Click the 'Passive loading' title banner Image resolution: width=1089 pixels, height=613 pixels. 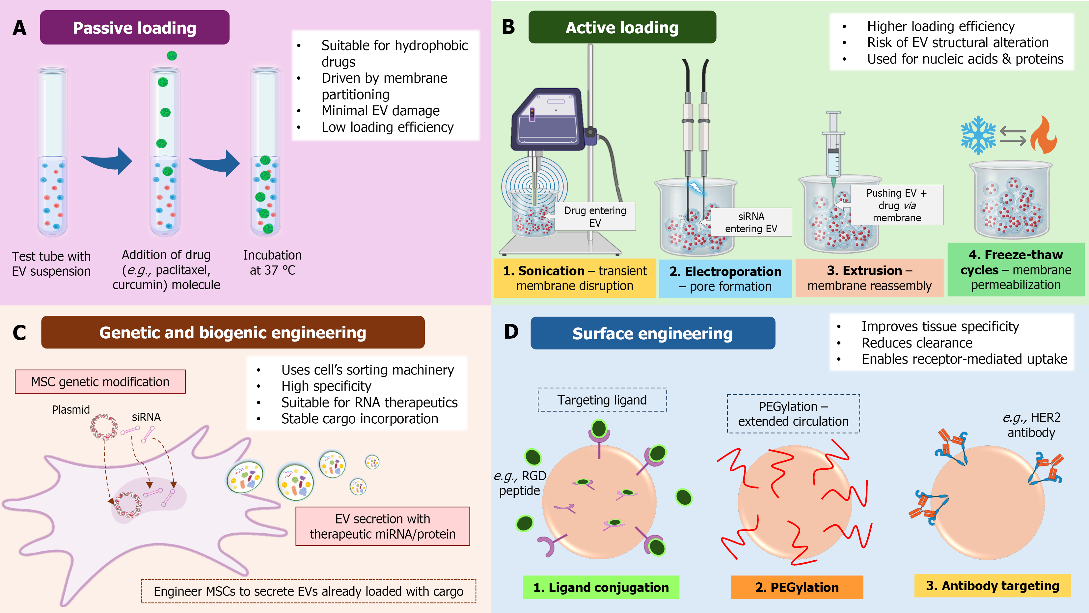[x=134, y=27]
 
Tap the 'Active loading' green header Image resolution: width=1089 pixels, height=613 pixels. [x=622, y=27]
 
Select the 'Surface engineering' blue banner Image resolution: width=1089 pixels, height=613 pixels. [x=653, y=333]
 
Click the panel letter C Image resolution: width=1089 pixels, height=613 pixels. [x=19, y=333]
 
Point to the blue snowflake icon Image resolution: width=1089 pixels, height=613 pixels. [x=978, y=135]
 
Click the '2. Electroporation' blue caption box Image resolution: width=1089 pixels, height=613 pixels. [x=725, y=279]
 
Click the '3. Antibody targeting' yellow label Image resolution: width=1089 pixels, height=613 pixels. [x=992, y=586]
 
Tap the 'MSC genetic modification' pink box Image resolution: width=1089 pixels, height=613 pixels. [x=100, y=382]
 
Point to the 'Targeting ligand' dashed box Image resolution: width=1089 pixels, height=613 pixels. [x=602, y=400]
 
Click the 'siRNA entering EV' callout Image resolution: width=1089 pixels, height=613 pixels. [x=751, y=222]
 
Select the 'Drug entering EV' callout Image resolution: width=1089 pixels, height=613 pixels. [x=595, y=216]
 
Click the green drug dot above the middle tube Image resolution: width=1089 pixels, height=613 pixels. [x=172, y=55]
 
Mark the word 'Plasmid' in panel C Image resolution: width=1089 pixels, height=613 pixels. [x=71, y=410]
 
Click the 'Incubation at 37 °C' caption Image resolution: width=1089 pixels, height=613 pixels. [x=272, y=263]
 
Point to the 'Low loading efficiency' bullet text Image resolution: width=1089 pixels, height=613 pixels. [x=387, y=127]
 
